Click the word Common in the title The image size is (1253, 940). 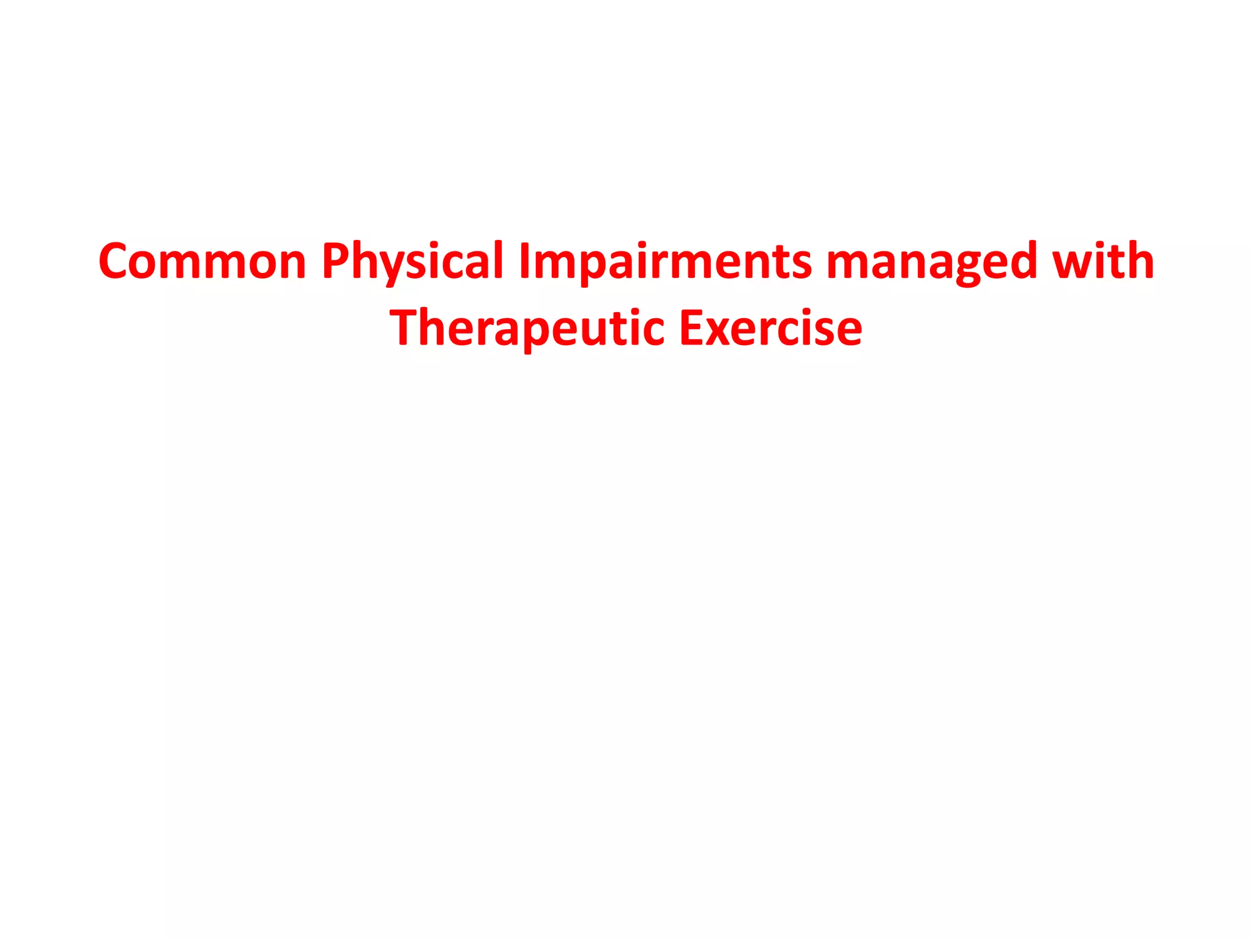click(x=202, y=261)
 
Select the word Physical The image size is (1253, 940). click(x=412, y=261)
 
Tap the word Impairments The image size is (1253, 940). click(x=664, y=261)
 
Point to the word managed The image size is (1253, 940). click(x=931, y=261)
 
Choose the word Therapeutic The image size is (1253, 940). click(x=527, y=329)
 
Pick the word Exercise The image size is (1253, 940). click(x=771, y=329)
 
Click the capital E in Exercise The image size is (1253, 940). click(x=693, y=329)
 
